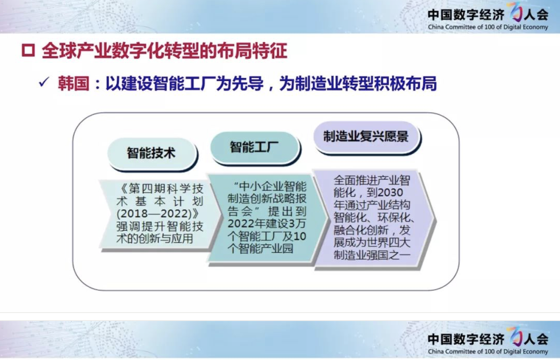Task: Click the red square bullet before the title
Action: [28, 51]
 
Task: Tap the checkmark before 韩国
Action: [44, 82]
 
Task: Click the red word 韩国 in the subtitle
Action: [74, 83]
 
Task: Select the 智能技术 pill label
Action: [151, 153]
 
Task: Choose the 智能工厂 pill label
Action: [254, 147]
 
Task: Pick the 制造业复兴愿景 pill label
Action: [366, 136]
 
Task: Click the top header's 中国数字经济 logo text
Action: [466, 15]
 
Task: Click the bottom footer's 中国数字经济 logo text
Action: [466, 339]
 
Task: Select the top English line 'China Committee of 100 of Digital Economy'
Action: [488, 27]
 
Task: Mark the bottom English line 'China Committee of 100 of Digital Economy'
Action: [488, 352]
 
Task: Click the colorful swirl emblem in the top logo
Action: [516, 12]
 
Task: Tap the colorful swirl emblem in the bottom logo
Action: [516, 336]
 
